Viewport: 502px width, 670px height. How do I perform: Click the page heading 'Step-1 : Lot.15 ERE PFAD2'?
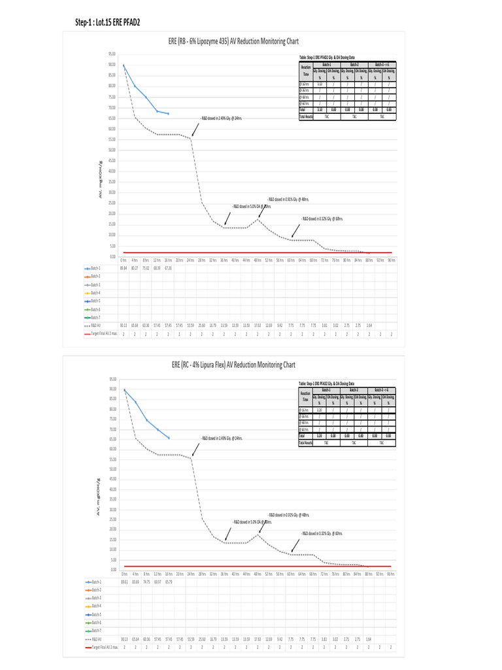tap(108, 23)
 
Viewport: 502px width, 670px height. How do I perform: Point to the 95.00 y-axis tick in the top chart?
tap(112, 54)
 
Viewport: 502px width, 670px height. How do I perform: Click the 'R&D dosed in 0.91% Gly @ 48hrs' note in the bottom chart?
tap(288, 515)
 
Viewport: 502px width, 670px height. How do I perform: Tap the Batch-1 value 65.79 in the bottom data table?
tap(169, 581)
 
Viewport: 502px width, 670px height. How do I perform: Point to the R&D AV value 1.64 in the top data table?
tap(369, 325)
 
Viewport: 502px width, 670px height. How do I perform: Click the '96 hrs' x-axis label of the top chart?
tap(391, 260)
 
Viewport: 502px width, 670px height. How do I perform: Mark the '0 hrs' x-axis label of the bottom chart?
tap(124, 574)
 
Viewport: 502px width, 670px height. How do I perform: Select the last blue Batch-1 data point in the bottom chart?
tap(169, 438)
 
